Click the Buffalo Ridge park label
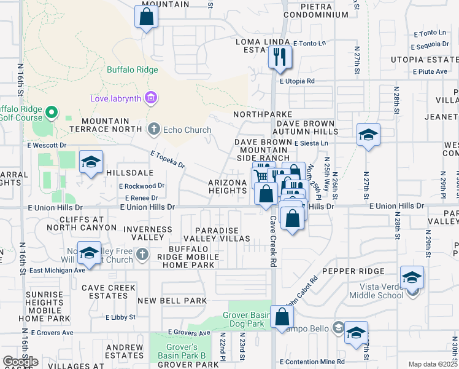coord(133,69)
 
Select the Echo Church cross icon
coord(154,129)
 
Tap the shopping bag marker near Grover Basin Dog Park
coord(282,317)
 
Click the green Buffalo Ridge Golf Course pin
coord(52,113)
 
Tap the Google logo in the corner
coord(20,361)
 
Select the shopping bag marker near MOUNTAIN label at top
coord(147,17)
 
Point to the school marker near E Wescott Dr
coord(91,162)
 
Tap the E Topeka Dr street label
coord(168,160)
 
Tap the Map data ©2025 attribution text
coord(432,364)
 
